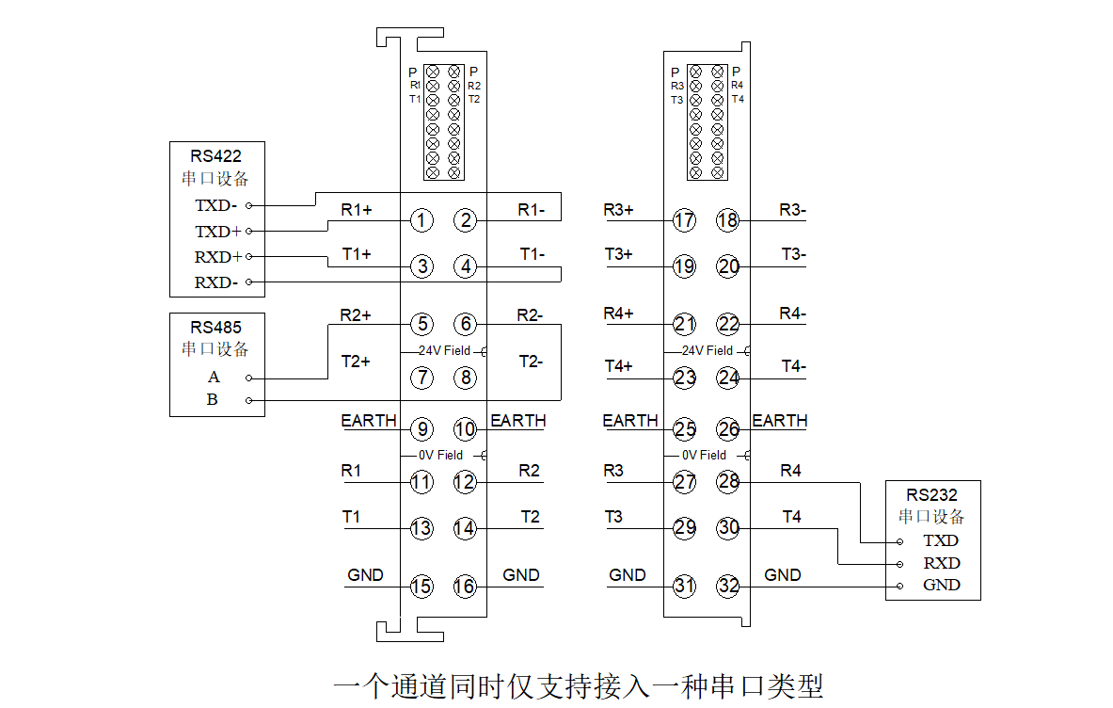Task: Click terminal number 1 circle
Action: pos(422,220)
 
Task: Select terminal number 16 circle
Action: pos(466,586)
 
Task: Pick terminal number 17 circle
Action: pos(684,220)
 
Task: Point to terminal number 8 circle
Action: pos(466,378)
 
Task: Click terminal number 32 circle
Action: pos(728,586)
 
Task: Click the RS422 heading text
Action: pos(215,156)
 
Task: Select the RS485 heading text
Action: pos(215,328)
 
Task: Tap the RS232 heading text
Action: pos(931,495)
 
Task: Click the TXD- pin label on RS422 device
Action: pos(215,205)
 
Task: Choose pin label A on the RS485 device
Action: pos(214,378)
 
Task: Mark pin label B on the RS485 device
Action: pos(213,400)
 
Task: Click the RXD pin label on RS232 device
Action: pos(941,563)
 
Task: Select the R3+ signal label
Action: pos(618,210)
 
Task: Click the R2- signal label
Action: pos(530,315)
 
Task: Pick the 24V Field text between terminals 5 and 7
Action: pos(444,350)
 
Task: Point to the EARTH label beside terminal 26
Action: pos(779,420)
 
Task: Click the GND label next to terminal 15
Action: pos(365,574)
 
